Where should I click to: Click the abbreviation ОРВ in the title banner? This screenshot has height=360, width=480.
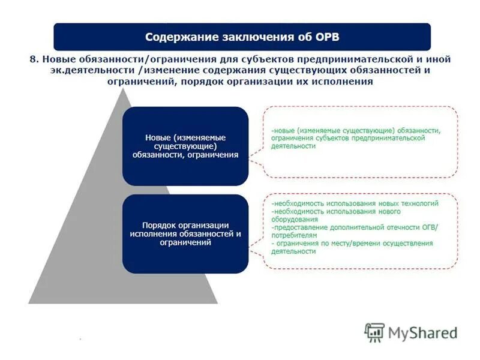(325, 37)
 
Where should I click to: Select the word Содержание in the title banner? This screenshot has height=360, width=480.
(173, 37)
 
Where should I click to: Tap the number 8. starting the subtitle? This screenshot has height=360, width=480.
(35, 59)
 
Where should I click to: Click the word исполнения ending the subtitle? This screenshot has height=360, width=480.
(346, 81)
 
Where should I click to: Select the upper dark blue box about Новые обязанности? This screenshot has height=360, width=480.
(185, 146)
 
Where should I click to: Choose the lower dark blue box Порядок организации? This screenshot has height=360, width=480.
(185, 233)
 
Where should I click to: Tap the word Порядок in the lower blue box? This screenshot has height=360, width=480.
(154, 225)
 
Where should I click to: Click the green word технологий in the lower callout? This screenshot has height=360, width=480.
(419, 203)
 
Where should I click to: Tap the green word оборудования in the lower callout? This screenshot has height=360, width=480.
(294, 220)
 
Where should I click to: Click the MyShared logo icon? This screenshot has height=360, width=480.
(375, 332)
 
